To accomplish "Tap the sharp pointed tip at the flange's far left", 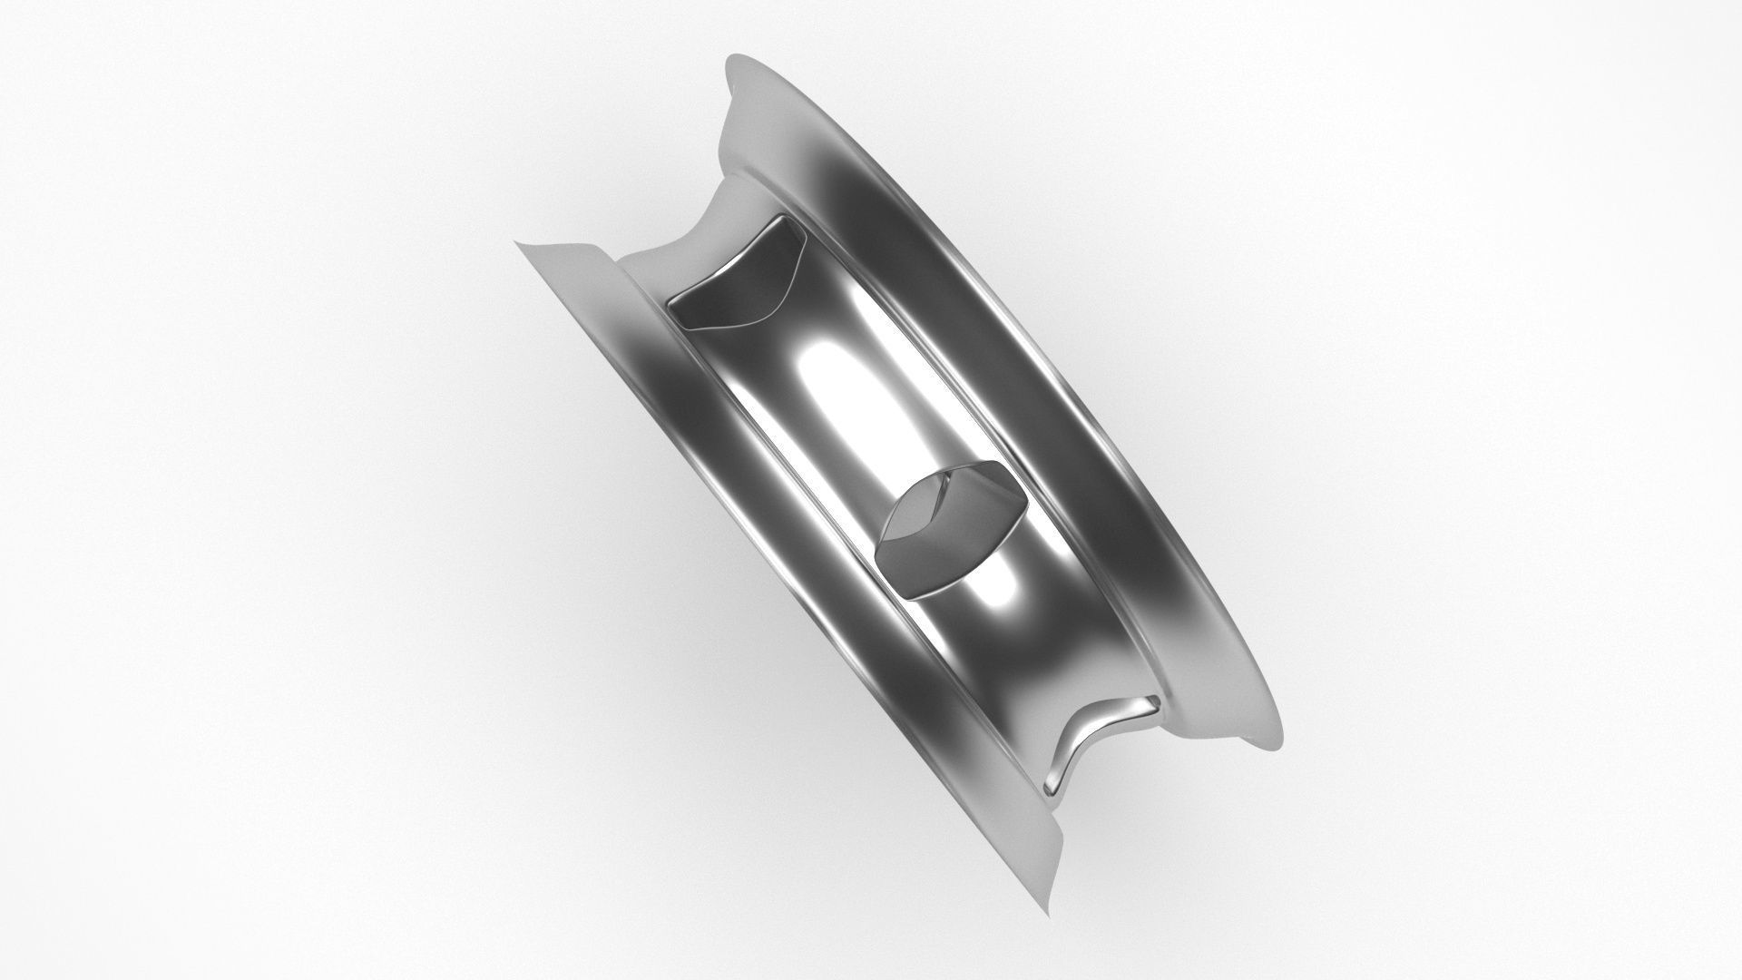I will tap(518, 242).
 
